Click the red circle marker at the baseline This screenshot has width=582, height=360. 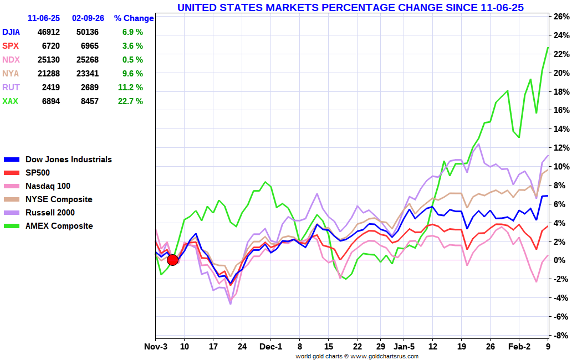172,260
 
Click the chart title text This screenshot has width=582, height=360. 350,7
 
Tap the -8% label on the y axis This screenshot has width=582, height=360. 561,335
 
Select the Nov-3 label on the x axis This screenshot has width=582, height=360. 156,347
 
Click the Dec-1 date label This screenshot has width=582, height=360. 270,347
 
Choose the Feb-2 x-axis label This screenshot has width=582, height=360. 519,347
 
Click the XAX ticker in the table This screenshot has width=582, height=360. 10,101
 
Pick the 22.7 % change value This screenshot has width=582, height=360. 132,101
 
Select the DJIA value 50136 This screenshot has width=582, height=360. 87,32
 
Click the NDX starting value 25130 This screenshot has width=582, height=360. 49,60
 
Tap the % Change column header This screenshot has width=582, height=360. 134,18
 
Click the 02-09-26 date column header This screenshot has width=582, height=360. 87,18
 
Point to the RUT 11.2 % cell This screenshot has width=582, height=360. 132,88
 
